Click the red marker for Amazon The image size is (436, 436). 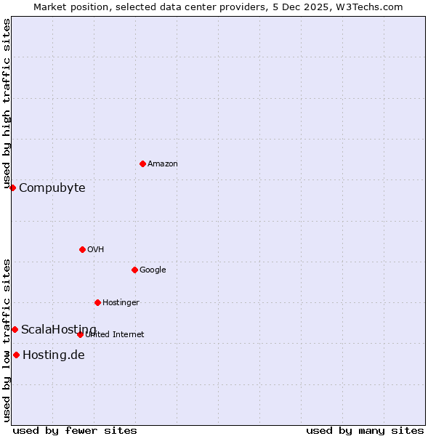[142, 163]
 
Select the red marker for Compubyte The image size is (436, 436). [12, 187]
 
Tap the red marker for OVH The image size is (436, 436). [82, 249]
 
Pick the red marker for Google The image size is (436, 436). [134, 270]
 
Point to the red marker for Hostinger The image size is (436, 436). [97, 302]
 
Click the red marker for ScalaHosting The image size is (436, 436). [15, 329]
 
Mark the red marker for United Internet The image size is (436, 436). [80, 334]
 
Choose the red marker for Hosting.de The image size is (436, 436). [16, 355]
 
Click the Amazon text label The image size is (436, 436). [163, 164]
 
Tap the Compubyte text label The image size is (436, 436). [52, 188]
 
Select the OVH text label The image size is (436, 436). [96, 250]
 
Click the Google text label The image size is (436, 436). [153, 270]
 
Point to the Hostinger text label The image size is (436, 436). [121, 303]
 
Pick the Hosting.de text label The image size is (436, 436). [54, 355]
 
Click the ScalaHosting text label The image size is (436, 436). [59, 330]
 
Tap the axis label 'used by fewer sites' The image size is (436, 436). [75, 430]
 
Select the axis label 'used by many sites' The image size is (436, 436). [365, 430]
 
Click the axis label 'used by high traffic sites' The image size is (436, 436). [7, 104]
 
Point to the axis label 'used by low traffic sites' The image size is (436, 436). [7, 340]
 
